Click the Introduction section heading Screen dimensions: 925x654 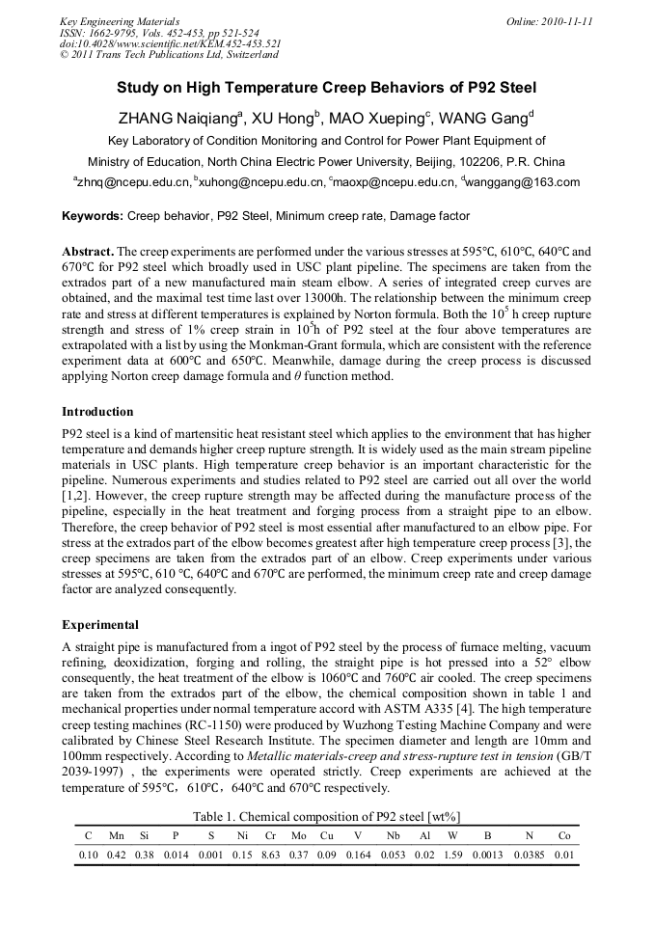point(97,412)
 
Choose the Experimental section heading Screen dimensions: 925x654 point(100,625)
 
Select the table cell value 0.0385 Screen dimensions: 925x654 point(529,856)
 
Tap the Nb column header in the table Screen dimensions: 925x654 point(394,836)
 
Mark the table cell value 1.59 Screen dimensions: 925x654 point(453,856)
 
